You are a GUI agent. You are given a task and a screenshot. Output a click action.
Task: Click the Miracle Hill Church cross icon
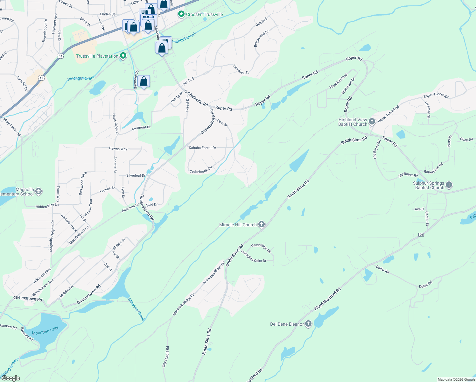tap(262, 225)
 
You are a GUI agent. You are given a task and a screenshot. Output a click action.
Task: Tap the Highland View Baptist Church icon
tap(372, 122)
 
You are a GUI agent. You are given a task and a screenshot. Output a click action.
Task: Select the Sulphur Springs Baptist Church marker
tap(449, 185)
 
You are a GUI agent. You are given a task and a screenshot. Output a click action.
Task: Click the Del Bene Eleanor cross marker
tap(308, 324)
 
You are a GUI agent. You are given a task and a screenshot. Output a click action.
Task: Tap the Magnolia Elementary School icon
tap(38, 191)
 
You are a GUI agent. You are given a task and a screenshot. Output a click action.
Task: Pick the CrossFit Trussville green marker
tap(181, 14)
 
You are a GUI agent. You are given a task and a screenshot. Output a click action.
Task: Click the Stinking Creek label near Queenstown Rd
tap(136, 309)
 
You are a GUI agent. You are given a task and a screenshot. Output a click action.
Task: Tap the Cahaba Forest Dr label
tap(202, 148)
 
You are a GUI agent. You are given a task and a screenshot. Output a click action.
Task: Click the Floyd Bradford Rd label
tap(327, 299)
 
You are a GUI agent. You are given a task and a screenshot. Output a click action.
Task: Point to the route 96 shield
tap(421, 235)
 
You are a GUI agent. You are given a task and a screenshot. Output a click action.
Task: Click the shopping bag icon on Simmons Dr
tap(144, 81)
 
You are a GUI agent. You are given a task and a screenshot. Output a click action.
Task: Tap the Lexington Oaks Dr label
tap(254, 256)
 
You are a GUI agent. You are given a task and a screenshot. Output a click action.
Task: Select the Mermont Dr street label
tap(141, 127)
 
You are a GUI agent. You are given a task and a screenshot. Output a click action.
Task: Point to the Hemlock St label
tap(241, 69)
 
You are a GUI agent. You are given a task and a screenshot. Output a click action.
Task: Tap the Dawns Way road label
tap(118, 149)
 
